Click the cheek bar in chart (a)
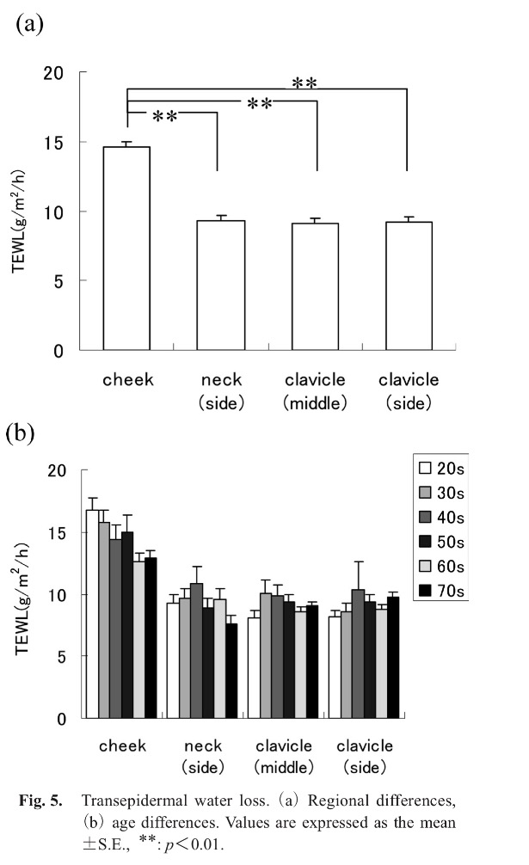[126, 248]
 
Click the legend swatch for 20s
[424, 468]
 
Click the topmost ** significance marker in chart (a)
[305, 83]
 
